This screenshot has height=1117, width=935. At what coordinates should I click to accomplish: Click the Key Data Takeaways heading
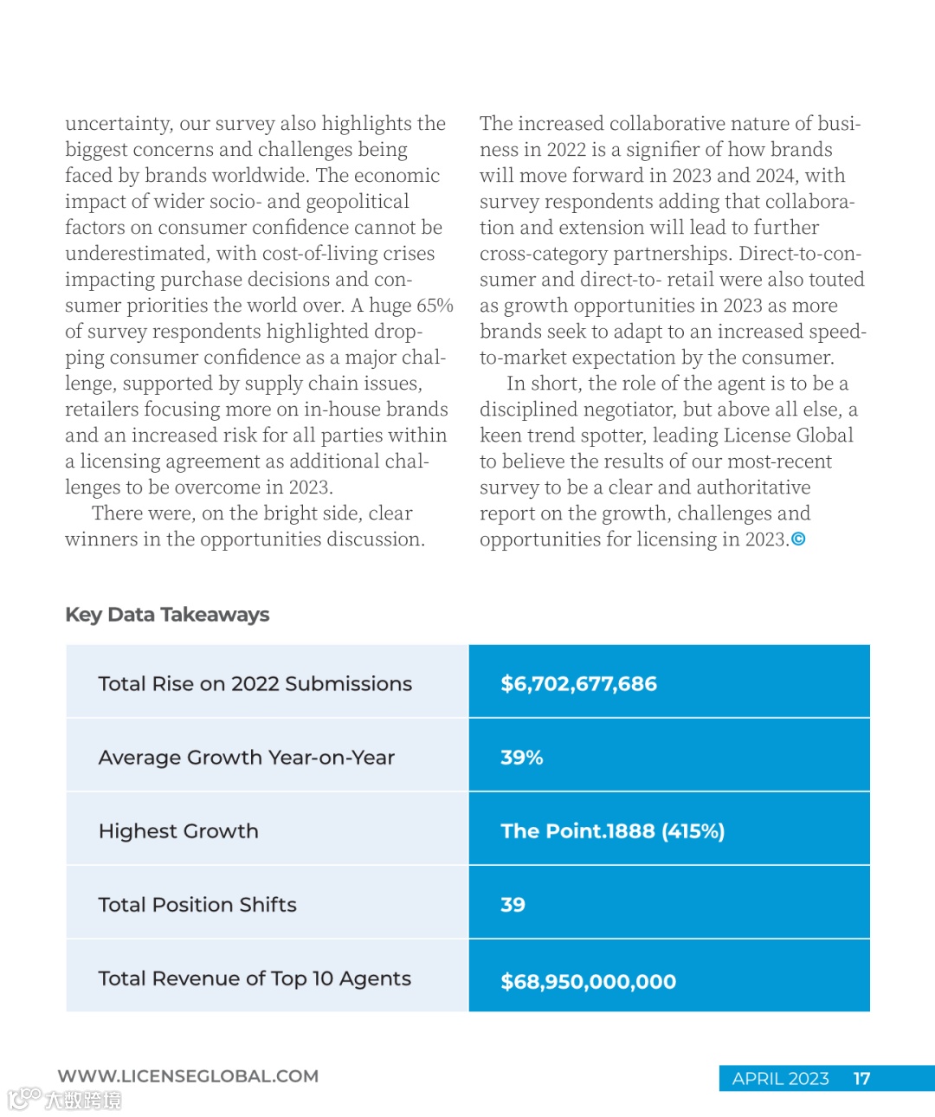pos(167,615)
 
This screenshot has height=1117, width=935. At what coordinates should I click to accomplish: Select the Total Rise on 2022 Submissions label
pos(255,684)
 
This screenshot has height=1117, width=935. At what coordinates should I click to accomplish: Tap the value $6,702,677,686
pos(578,684)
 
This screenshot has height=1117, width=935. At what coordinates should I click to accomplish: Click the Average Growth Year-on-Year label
pos(246,758)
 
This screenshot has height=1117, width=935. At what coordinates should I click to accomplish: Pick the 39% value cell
pos(521,758)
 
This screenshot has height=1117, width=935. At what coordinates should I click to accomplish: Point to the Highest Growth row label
pos(178,831)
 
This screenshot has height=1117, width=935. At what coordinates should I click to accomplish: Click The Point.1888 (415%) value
pos(612,831)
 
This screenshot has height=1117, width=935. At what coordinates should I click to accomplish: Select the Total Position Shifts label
pos(197,905)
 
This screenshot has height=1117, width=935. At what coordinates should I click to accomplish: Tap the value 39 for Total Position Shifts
pos(513,905)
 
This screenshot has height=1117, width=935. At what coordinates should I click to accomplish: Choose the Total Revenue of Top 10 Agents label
pos(255,978)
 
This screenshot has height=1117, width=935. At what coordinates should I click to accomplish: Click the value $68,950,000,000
pos(588,982)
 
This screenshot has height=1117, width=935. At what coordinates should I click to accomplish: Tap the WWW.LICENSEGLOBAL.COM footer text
pos(188,1076)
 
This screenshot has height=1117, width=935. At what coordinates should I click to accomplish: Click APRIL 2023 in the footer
pos(780,1079)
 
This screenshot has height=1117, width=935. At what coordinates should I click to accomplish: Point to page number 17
pos(861,1079)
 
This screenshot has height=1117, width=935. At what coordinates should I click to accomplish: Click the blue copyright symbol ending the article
pos(798,539)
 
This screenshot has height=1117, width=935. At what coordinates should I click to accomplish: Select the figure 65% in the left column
pos(435,306)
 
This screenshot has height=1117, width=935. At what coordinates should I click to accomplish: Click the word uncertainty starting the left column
pos(119,124)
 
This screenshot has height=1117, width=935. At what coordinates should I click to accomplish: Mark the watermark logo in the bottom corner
pos(64,1100)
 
